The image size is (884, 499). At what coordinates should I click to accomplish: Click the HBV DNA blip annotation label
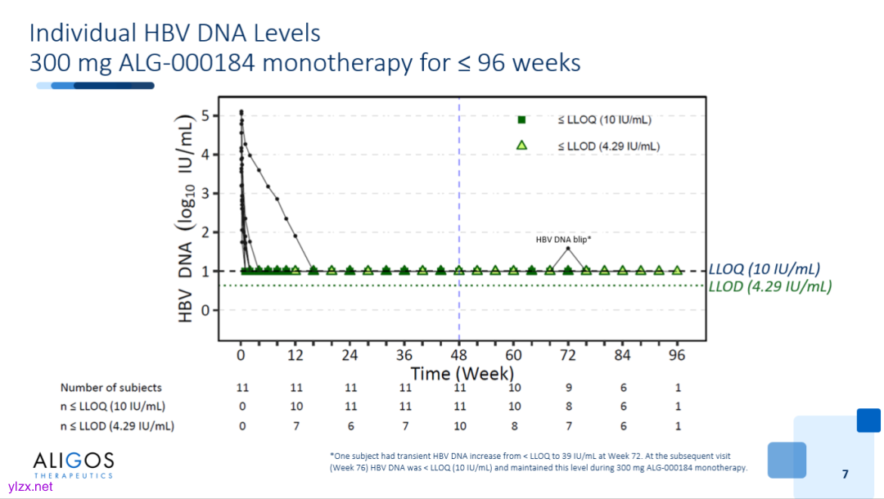[x=563, y=240]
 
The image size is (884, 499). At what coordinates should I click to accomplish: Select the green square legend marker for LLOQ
[x=521, y=119]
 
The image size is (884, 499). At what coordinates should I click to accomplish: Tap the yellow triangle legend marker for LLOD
[x=521, y=146]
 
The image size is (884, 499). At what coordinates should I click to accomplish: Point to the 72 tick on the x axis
[x=568, y=355]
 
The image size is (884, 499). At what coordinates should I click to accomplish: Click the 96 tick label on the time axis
[x=677, y=355]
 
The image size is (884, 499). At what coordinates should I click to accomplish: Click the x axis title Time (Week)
[x=462, y=374]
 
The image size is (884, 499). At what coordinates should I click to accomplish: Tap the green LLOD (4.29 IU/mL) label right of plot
[x=769, y=286]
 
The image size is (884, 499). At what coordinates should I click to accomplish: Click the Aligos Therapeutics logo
[x=73, y=464]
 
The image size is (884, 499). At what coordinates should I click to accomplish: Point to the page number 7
[x=846, y=474]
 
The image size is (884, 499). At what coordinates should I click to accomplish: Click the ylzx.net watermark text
[x=29, y=487]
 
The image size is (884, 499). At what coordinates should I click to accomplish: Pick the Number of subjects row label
[x=111, y=388]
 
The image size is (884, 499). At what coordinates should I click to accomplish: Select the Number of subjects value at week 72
[x=568, y=388]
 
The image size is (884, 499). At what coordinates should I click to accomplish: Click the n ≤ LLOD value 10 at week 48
[x=459, y=425]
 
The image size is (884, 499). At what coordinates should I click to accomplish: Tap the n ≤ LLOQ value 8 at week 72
[x=568, y=407]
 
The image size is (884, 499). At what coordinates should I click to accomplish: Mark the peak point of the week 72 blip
[x=568, y=248]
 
